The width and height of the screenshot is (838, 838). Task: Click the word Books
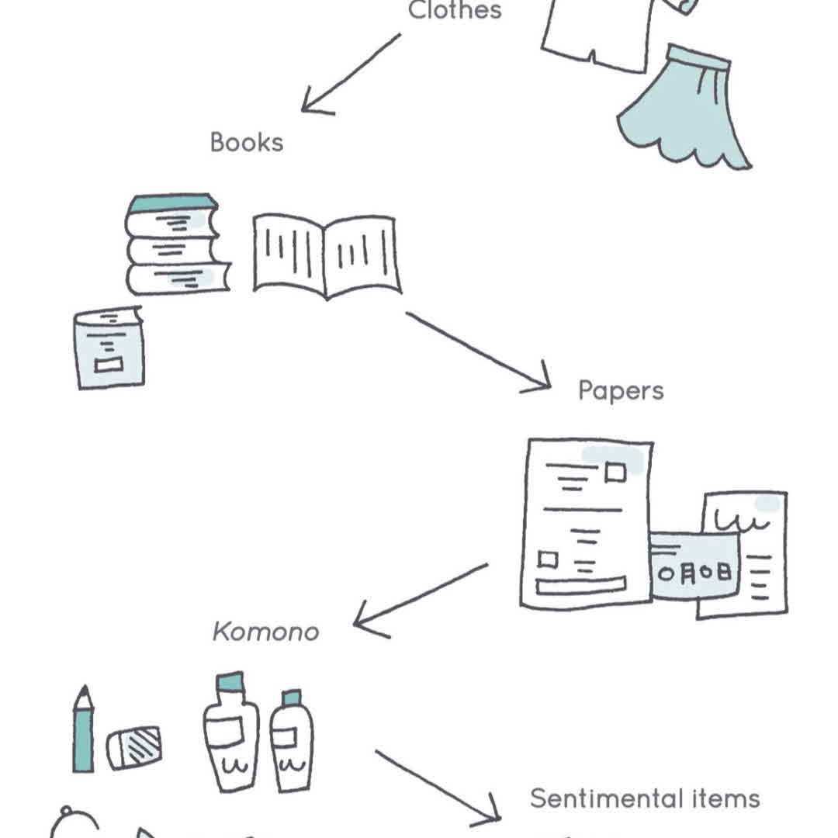[246, 143]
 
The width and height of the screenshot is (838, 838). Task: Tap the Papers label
[621, 390]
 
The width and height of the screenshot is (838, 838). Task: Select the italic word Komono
[265, 632]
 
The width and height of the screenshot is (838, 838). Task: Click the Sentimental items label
[645, 798]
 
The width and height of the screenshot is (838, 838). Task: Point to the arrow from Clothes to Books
[349, 74]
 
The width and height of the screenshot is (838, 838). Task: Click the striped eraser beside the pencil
[134, 747]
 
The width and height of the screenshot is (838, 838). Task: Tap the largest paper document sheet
[587, 524]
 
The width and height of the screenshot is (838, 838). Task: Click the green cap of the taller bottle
[230, 683]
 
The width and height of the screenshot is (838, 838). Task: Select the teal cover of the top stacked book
[171, 203]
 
